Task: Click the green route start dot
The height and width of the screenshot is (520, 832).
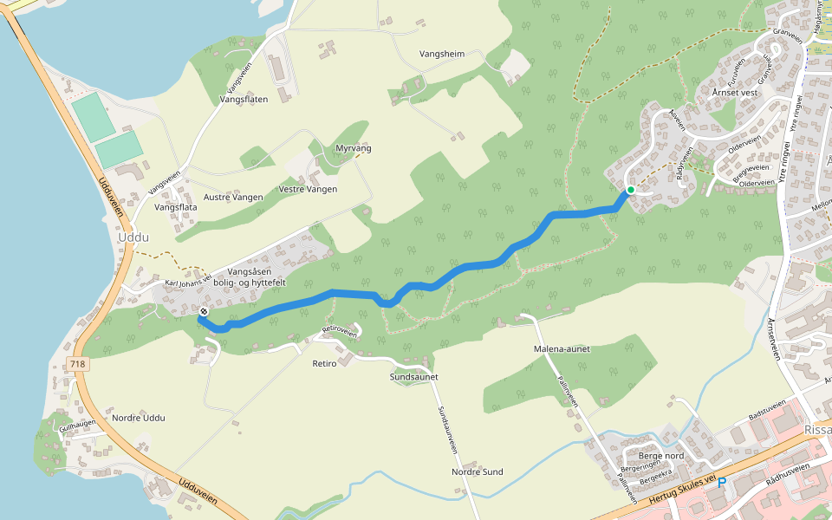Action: [x=631, y=190]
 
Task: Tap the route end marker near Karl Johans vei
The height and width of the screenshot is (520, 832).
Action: [x=204, y=311]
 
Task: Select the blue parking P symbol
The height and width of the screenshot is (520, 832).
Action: [x=721, y=483]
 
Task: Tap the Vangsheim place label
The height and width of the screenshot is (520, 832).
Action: [x=442, y=54]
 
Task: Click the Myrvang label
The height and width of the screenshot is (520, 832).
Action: [x=354, y=149]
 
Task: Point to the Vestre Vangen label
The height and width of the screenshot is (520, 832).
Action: [x=308, y=189]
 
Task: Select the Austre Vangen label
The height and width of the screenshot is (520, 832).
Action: [x=233, y=198]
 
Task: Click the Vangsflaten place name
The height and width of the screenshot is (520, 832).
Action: [x=244, y=100]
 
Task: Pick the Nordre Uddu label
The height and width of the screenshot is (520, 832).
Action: [x=139, y=418]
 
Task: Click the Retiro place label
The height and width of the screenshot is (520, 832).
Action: [x=323, y=364]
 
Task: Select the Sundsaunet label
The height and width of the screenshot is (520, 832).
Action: [x=414, y=377]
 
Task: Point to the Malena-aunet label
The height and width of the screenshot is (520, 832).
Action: [x=561, y=348]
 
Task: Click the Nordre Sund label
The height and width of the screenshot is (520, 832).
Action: [x=477, y=472]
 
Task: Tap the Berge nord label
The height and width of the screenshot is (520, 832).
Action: [x=661, y=456]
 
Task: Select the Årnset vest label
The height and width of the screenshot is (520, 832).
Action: [x=735, y=92]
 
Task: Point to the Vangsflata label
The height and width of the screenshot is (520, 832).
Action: [x=176, y=207]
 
